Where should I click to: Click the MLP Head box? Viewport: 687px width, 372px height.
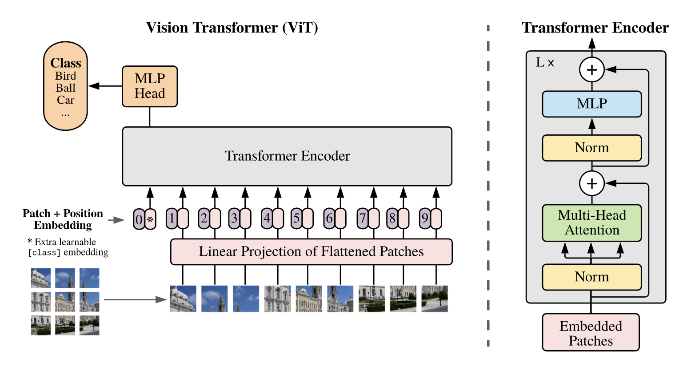tap(150, 86)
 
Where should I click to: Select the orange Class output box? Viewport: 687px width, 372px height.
tap(65, 86)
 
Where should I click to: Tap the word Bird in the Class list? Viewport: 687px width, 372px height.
tap(66, 76)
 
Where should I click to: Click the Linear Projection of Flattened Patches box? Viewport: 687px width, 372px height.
tap(311, 252)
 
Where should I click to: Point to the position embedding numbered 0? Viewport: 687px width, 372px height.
tap(139, 219)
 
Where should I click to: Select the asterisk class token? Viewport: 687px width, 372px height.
tap(151, 219)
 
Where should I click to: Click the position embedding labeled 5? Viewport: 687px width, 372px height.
tap(296, 218)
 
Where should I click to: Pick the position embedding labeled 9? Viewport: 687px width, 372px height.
tap(425, 218)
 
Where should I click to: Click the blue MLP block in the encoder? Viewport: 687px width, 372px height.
tap(591, 104)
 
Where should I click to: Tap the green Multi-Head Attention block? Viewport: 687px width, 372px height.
tap(591, 223)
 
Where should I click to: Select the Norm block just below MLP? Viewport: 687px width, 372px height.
tap(591, 148)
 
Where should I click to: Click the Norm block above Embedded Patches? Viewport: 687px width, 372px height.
tap(591, 277)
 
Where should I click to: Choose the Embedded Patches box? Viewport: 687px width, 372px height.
tap(591, 333)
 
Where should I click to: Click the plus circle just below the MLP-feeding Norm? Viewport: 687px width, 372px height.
tap(591, 183)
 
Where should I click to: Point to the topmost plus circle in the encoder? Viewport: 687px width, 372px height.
tap(591, 70)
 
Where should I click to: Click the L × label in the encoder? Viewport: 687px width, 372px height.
tap(545, 63)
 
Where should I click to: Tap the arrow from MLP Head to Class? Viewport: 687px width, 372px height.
tap(104, 86)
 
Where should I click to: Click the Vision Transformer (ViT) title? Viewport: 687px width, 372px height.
tap(232, 28)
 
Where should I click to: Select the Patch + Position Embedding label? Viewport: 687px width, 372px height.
tap(63, 219)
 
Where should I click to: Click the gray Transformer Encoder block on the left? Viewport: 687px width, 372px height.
tap(287, 156)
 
